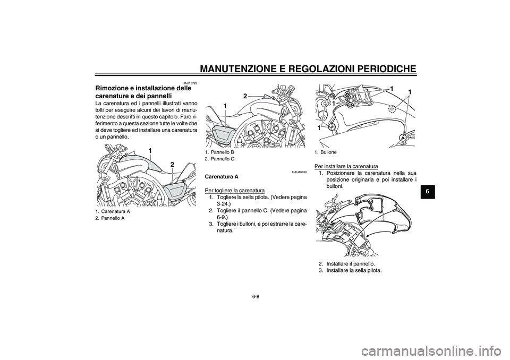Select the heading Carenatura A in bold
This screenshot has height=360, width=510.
click(x=222, y=176)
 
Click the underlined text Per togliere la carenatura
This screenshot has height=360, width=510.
click(x=234, y=190)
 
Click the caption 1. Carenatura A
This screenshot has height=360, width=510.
click(x=112, y=211)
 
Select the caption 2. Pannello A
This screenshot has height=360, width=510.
click(x=110, y=218)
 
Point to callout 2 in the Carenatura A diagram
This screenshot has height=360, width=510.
click(x=172, y=165)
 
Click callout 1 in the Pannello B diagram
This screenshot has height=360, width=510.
click(x=225, y=107)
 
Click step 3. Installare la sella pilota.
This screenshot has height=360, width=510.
click(x=350, y=270)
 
